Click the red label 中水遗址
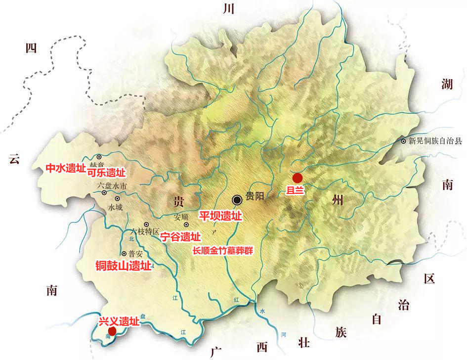point(66,168)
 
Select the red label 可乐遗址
point(106,173)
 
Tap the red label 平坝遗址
point(220,216)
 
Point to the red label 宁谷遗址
point(181,237)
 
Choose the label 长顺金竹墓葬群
point(222,251)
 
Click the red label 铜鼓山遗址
point(123,266)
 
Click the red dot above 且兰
point(297,178)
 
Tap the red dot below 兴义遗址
point(112,331)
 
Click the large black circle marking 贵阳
point(237,199)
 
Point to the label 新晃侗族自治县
point(435,140)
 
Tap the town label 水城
point(115,207)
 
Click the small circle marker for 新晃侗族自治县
point(404,141)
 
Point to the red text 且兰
point(297,190)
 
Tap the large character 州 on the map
point(340,201)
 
